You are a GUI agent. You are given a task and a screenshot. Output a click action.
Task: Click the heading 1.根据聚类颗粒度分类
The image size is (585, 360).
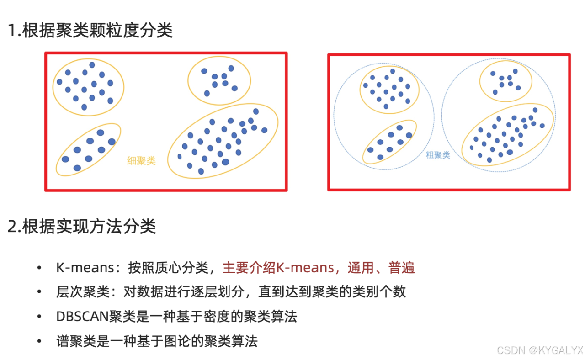click(90, 31)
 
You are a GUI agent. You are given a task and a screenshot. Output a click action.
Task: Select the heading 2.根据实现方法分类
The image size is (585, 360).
click(82, 226)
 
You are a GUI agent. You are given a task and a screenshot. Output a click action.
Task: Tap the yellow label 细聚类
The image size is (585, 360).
click(141, 160)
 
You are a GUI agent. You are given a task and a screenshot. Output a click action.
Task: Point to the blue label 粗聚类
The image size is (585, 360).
click(438, 155)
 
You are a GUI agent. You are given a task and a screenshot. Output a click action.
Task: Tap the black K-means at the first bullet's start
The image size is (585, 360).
click(80, 267)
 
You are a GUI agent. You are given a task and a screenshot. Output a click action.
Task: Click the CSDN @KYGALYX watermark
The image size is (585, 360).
click(540, 350)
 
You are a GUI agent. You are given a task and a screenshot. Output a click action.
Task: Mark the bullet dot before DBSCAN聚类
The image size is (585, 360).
click(40, 317)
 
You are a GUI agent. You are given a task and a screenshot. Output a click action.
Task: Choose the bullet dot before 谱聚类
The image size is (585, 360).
click(40, 341)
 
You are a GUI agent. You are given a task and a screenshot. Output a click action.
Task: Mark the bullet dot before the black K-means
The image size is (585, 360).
click(40, 268)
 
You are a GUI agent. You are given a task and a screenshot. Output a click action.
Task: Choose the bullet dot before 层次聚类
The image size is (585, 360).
click(40, 292)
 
